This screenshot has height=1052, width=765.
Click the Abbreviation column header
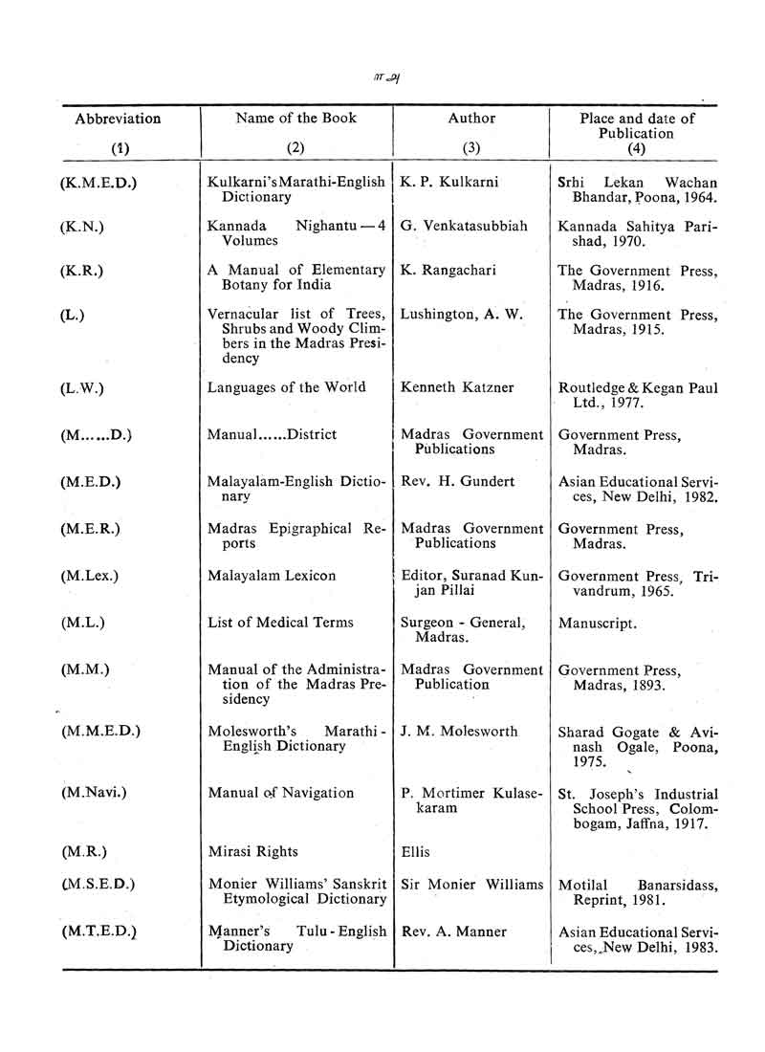(x=118, y=120)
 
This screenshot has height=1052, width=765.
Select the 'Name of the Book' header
(x=296, y=119)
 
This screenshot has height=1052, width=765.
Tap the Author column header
(x=471, y=119)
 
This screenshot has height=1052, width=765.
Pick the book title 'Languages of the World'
(x=287, y=387)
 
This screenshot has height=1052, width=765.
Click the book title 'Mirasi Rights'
(x=253, y=851)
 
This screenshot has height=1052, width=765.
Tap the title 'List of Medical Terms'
(x=280, y=623)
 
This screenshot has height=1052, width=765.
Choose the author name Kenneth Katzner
(x=458, y=387)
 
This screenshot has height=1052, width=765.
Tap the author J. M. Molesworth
(x=460, y=732)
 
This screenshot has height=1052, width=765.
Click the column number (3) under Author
(x=471, y=149)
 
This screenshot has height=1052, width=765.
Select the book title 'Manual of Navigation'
(x=281, y=793)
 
